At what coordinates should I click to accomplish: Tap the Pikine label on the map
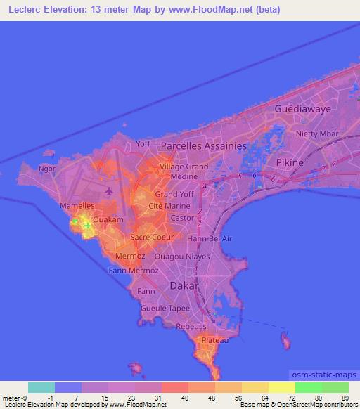point(289,162)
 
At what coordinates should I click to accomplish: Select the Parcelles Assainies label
point(204,145)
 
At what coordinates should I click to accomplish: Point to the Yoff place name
point(143,143)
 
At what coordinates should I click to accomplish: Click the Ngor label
point(48,169)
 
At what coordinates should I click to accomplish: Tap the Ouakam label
point(108,219)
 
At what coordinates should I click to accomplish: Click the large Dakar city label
point(186,286)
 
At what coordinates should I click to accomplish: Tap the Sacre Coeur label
point(147,238)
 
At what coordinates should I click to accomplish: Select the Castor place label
point(183,219)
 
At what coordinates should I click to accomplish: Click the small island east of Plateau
point(285,342)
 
